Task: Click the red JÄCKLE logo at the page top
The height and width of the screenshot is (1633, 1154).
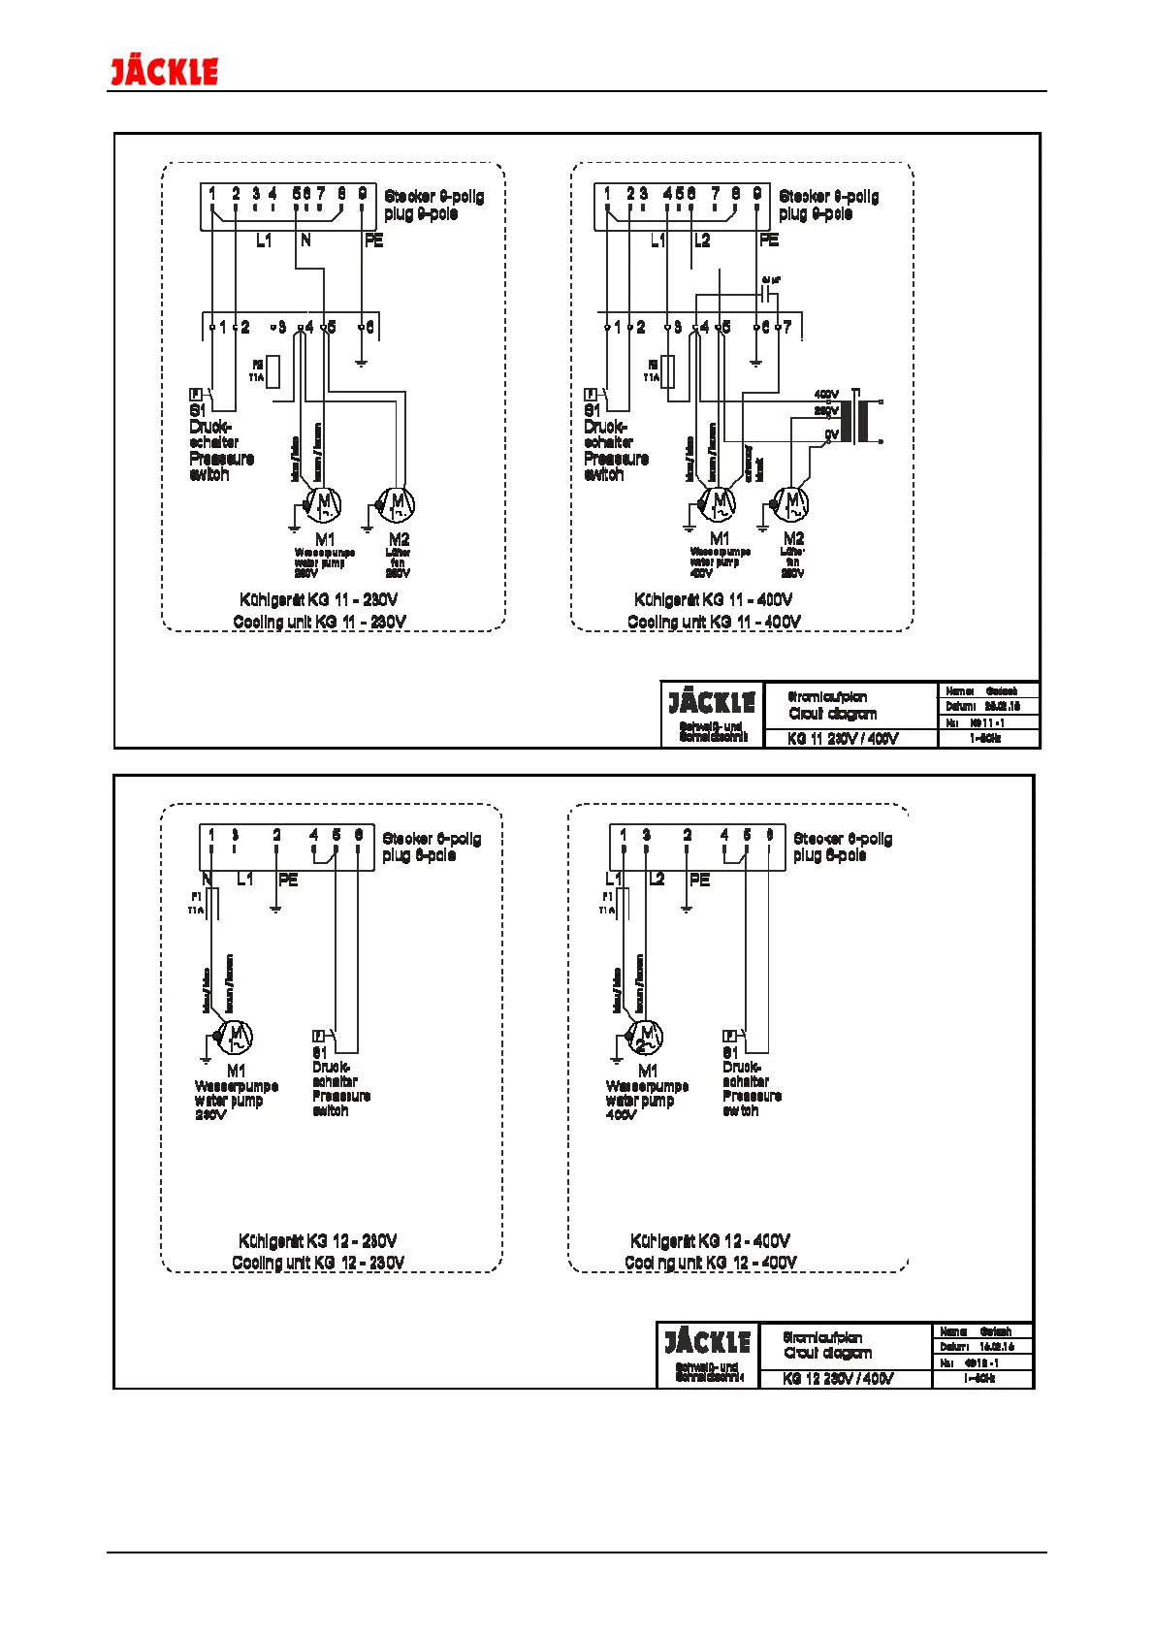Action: [164, 72]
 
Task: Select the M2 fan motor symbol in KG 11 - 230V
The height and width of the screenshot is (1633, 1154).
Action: [398, 503]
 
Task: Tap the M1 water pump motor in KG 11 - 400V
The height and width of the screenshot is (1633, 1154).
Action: [718, 503]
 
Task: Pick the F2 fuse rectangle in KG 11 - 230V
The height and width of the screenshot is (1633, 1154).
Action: [273, 371]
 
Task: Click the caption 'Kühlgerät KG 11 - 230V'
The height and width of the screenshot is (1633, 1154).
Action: [318, 600]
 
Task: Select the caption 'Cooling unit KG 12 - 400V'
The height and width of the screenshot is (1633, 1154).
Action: [711, 1263]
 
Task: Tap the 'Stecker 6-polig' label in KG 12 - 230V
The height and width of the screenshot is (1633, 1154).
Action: [432, 839]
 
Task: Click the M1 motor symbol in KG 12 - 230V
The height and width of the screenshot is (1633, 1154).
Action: [236, 1038]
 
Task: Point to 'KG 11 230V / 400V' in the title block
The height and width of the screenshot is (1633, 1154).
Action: [843, 738]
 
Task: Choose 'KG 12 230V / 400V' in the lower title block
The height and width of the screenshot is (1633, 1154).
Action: [838, 1378]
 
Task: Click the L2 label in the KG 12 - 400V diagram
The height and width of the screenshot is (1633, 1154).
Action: [657, 880]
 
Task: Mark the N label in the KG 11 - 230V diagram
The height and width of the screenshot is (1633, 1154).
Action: [305, 240]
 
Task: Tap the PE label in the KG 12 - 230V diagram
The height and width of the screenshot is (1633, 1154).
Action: [288, 880]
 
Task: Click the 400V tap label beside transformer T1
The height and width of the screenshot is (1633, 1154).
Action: [825, 395]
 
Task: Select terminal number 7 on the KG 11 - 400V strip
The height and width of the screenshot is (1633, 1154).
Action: [787, 328]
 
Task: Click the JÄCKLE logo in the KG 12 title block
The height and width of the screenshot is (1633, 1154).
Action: [707, 1342]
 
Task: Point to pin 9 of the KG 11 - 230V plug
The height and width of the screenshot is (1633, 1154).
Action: [363, 195]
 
